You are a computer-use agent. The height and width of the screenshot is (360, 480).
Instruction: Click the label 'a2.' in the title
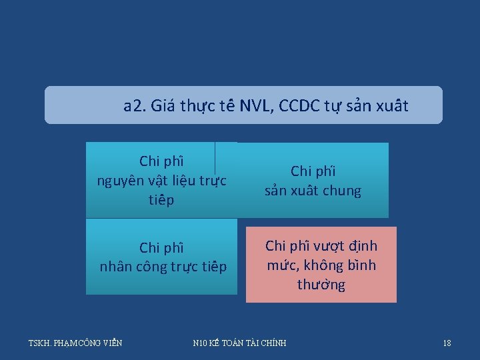(x=135, y=105)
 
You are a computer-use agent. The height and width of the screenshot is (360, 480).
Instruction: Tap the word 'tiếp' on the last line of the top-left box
(x=161, y=200)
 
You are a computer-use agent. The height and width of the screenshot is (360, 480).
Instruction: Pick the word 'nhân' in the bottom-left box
(x=117, y=267)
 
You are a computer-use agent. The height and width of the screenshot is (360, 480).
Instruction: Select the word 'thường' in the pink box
(x=321, y=285)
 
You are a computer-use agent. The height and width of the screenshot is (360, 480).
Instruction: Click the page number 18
(x=447, y=343)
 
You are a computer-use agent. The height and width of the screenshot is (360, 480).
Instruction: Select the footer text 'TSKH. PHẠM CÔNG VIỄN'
(x=75, y=343)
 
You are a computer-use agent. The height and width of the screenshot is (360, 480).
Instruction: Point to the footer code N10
(x=200, y=343)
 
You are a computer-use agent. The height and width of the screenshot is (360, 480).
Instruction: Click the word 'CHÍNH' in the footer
(x=273, y=343)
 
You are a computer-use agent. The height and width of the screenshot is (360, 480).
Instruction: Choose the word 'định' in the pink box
(x=362, y=246)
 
